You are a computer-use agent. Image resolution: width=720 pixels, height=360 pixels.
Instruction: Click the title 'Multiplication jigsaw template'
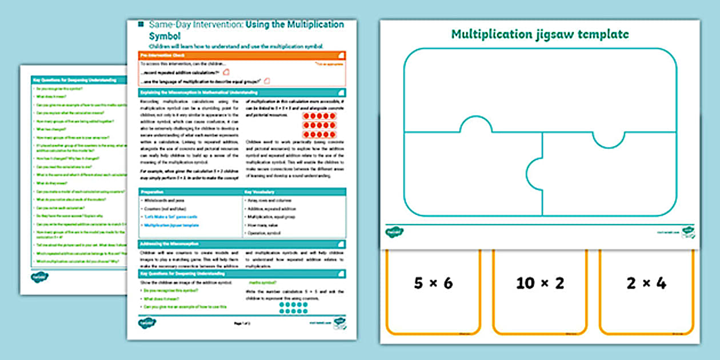pyautogui.click(x=540, y=34)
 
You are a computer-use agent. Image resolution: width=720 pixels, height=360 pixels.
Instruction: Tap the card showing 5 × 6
pyautogui.click(x=433, y=291)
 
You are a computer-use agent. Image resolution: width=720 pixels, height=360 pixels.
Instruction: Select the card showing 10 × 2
pyautogui.click(x=539, y=291)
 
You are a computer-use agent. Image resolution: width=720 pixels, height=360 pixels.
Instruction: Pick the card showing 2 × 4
pyautogui.click(x=646, y=291)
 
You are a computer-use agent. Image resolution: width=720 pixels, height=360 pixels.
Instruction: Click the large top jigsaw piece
pyautogui.click(x=540, y=91)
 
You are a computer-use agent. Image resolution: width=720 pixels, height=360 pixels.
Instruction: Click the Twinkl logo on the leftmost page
pyautogui.click(x=39, y=277)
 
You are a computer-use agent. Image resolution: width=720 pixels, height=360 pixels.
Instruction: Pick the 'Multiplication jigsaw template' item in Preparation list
pyautogui.click(x=171, y=225)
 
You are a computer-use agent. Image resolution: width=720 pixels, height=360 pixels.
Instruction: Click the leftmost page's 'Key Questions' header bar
pyautogui.click(x=74, y=80)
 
